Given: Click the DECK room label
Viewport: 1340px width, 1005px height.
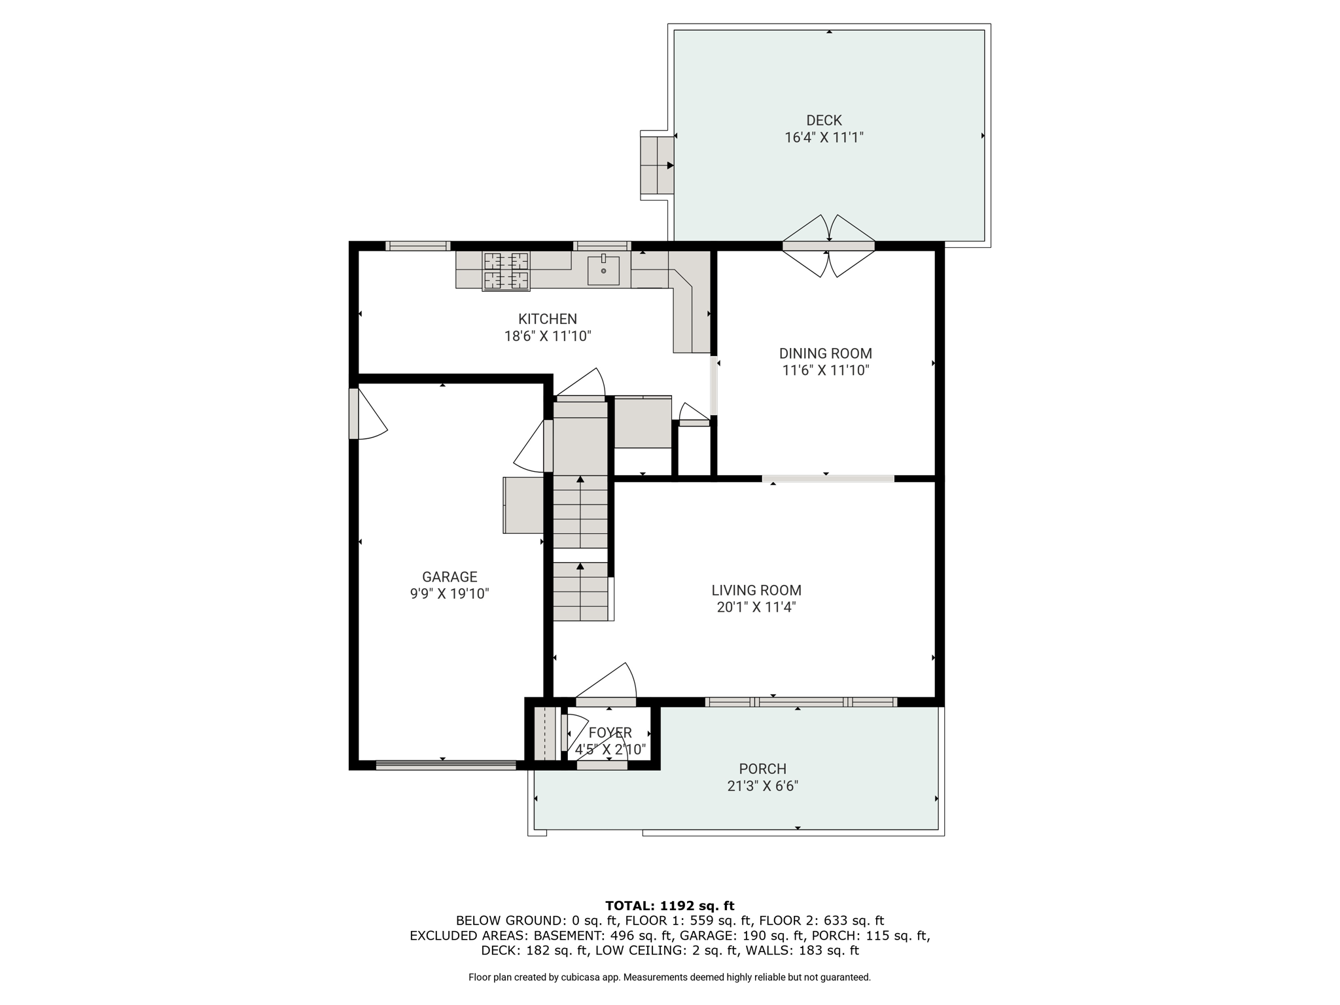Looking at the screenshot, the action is [824, 120].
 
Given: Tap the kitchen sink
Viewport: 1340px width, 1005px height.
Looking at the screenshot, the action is [603, 270].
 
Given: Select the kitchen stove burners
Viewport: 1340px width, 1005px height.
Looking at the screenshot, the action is [506, 271].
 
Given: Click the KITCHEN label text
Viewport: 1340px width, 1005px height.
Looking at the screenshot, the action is [548, 319].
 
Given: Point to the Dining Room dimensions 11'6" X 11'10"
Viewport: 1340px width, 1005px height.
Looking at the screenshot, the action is [826, 370].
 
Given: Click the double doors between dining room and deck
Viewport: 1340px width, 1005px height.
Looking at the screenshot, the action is [828, 246].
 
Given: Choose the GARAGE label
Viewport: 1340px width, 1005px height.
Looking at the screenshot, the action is [450, 577].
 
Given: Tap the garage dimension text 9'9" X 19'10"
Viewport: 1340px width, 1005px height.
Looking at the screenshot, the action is [450, 594].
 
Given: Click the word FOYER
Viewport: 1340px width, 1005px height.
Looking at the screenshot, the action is [610, 733].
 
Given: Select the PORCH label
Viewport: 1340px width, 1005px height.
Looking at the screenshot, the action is [763, 769].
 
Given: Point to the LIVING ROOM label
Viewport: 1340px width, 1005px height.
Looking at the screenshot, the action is [756, 590].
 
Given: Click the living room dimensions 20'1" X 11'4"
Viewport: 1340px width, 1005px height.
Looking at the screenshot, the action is [756, 607].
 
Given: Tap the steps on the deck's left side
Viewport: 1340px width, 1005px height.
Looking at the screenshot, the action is [657, 165].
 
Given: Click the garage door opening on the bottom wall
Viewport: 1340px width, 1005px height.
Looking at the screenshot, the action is [446, 764].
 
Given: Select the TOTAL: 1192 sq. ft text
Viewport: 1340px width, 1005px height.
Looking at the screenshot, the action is [670, 906].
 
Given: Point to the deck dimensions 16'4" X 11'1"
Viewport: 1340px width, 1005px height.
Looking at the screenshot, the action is [824, 137].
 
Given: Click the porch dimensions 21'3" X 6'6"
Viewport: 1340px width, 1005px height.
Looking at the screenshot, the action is [763, 786].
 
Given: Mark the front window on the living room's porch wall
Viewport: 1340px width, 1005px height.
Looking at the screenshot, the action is [801, 702].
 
